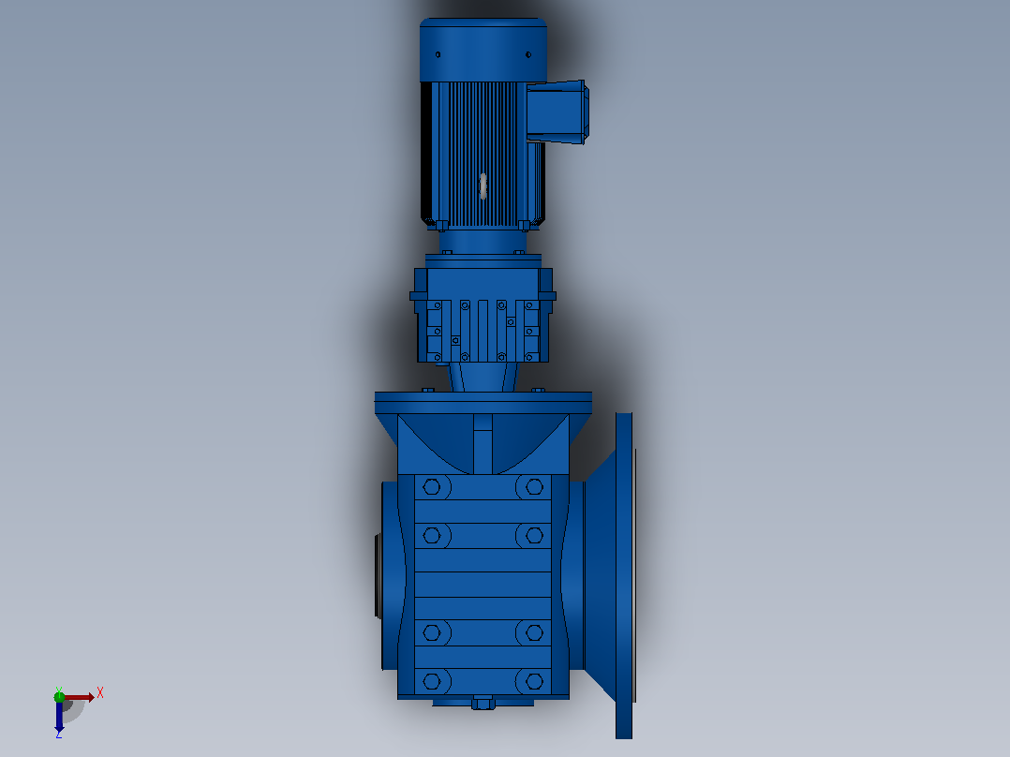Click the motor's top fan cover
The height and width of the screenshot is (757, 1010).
[483, 50]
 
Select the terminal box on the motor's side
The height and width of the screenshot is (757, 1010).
[557, 111]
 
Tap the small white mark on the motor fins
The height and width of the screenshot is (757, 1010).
[483, 186]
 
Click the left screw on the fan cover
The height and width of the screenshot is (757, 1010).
[438, 54]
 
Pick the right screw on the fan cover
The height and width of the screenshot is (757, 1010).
[528, 54]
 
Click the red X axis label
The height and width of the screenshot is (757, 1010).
[100, 693]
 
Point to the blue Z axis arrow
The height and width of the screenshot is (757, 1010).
[59, 715]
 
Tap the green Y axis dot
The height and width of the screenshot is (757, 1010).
[59, 696]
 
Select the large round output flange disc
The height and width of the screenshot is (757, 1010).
[624, 575]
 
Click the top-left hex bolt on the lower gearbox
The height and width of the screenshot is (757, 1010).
[432, 487]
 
